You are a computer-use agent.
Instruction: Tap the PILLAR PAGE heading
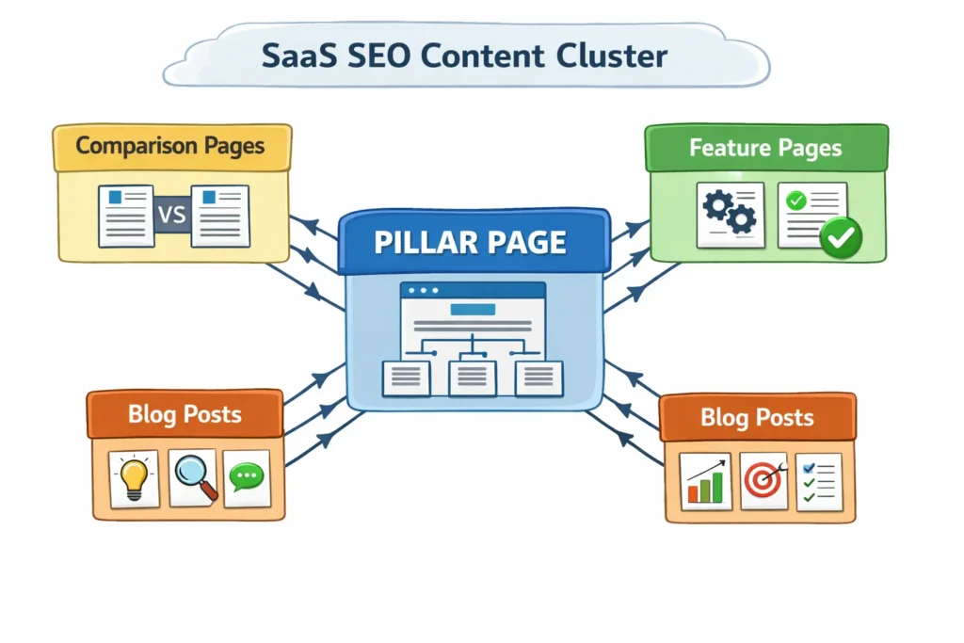[x=470, y=242]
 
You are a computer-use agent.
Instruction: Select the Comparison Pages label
[x=170, y=146]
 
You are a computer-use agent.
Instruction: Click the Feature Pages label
[x=764, y=148]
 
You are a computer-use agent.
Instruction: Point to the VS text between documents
[x=172, y=216]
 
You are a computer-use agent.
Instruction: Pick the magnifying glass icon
[x=194, y=477]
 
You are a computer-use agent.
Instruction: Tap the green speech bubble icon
[x=248, y=477]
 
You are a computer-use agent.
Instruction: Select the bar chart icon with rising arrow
[x=705, y=481]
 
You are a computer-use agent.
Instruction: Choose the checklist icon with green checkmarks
[x=817, y=481]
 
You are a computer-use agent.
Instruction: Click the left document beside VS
[x=125, y=216]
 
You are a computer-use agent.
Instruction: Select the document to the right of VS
[x=220, y=216]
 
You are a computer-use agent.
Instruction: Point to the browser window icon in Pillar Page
[x=473, y=314]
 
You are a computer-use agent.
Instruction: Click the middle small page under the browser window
[x=473, y=378]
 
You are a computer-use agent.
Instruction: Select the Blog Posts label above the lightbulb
[x=185, y=413]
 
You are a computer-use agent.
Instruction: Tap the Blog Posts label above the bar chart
[x=757, y=418]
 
